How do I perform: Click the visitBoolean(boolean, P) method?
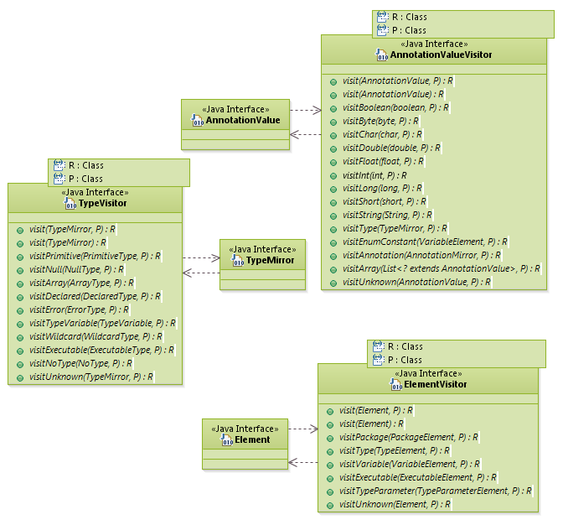tap(395, 108)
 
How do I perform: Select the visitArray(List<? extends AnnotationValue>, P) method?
tap(441, 269)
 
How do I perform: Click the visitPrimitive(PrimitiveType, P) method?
tap(94, 257)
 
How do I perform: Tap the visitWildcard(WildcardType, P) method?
tap(96, 337)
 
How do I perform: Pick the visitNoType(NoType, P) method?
tap(80, 364)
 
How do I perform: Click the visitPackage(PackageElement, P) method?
tap(408, 438)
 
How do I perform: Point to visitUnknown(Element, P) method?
tap(395, 505)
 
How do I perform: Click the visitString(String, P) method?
tap(384, 216)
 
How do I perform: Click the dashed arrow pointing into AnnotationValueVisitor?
tap(306, 110)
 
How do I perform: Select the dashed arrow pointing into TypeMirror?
tap(200, 258)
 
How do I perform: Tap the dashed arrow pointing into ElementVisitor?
tap(302, 429)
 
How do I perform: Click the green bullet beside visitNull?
tap(19, 270)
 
